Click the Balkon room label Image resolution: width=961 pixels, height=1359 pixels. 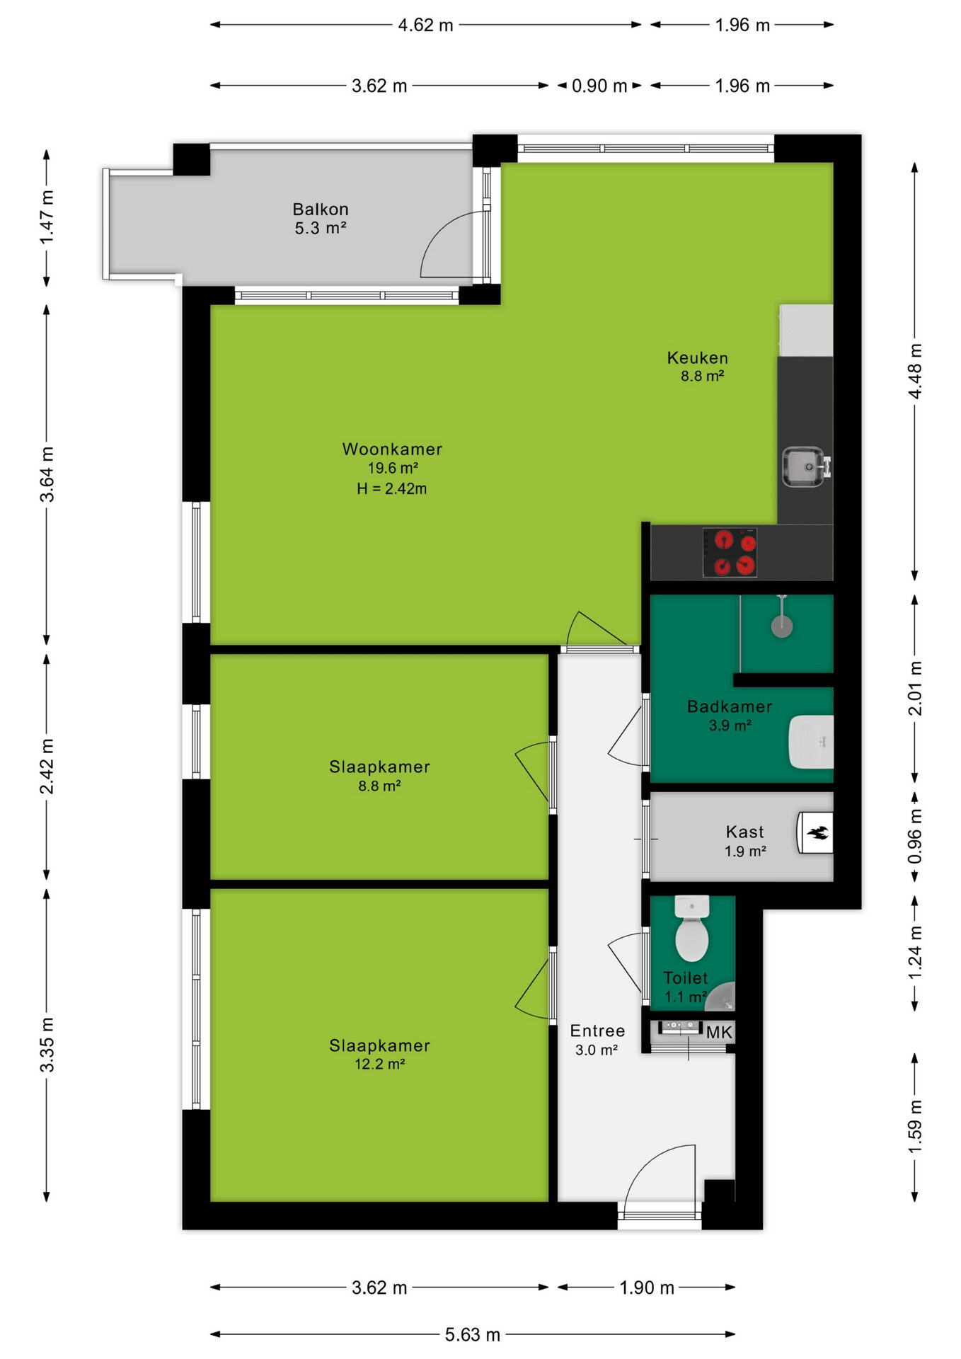321,210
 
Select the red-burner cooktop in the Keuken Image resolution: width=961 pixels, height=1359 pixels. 730,553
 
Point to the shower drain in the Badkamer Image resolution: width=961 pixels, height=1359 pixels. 782,626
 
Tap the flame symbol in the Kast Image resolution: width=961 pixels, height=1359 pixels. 819,833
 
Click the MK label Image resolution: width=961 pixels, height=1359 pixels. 719,1032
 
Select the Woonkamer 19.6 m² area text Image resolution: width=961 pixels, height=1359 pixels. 393,468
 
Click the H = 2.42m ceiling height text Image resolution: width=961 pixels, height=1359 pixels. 392,488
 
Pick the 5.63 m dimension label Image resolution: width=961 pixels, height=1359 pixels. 473,1335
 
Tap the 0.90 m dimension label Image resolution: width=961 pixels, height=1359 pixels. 599,86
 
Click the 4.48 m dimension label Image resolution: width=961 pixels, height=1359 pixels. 915,371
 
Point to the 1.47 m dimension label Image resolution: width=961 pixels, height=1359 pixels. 47,217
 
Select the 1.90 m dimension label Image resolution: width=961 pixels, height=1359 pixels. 647,1288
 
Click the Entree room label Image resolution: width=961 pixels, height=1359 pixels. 598,1031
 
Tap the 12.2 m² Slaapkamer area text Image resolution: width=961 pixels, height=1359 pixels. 380,1064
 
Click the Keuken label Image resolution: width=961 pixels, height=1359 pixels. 698,358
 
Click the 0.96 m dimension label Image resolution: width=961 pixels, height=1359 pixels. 915,837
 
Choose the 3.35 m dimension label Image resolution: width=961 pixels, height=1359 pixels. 47,1045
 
